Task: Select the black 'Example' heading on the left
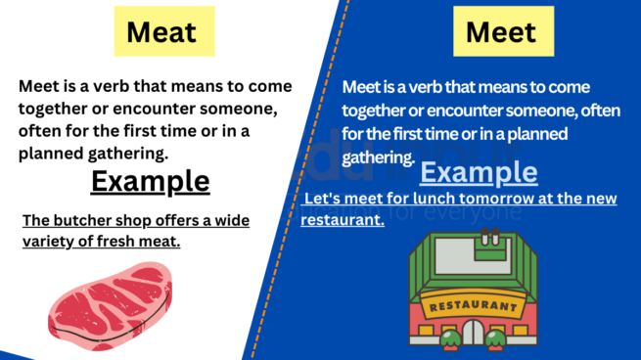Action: (150, 181)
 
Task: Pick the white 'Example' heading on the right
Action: (479, 174)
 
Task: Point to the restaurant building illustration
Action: (476, 293)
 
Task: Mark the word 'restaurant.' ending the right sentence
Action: (343, 220)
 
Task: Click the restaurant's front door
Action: (476, 336)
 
